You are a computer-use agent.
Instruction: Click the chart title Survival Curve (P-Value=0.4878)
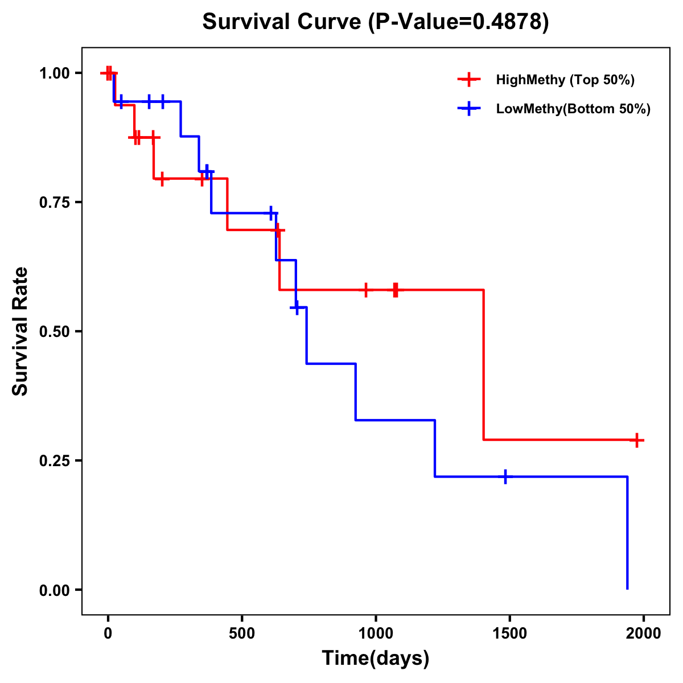coord(376,22)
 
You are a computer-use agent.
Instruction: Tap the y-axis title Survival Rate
coord(20,331)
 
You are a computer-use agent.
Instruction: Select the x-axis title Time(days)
coord(376,658)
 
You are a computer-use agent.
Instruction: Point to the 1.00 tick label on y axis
coord(54,73)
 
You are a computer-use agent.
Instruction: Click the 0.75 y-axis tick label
coord(54,203)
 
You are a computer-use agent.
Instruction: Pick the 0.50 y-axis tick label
coord(54,332)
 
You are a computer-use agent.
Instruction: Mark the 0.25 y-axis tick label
coord(54,461)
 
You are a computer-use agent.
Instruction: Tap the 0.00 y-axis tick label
coord(54,590)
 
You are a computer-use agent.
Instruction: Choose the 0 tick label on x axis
coord(108,633)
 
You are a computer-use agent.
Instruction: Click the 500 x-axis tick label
coord(242,633)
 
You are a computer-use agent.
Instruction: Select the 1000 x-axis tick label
coord(376,633)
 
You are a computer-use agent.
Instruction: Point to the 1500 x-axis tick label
coord(509,633)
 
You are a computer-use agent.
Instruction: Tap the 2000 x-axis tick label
coord(643,633)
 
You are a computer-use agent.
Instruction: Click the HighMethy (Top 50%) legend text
coord(565,80)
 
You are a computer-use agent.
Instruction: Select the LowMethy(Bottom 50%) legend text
coord(573,109)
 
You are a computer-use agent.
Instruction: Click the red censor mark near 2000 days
coord(637,440)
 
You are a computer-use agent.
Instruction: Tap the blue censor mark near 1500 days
coord(505,476)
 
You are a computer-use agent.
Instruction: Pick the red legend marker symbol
coord(468,80)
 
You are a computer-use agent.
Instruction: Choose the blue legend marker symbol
coord(468,109)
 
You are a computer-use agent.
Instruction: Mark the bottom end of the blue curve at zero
coord(627,588)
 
